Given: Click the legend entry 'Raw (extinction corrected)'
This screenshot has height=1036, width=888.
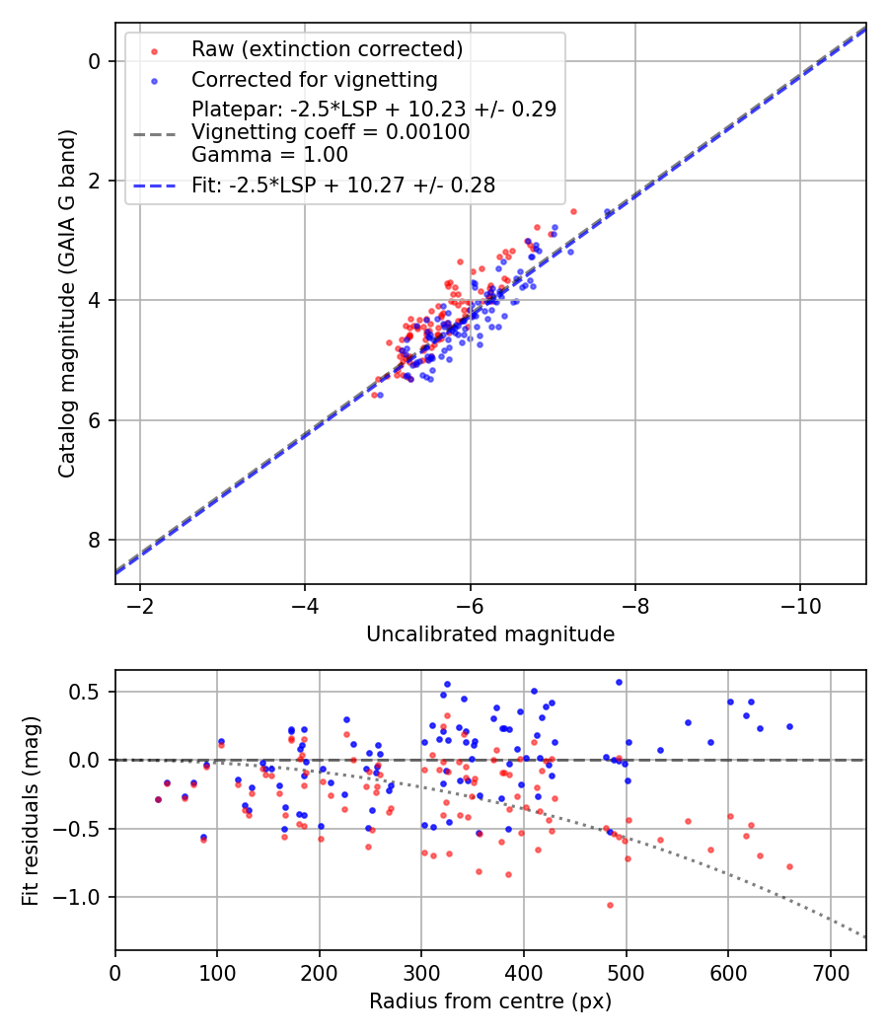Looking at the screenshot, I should pyautogui.click(x=327, y=49).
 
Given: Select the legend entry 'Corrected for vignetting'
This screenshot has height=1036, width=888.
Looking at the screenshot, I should pyautogui.click(x=314, y=79).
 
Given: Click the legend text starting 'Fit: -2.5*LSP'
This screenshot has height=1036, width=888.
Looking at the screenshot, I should pyautogui.click(x=343, y=185).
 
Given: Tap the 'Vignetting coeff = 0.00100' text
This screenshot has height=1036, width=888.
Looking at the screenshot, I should pyautogui.click(x=331, y=132).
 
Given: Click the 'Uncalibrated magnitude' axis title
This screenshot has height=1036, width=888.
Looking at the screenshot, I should pyautogui.click(x=490, y=634).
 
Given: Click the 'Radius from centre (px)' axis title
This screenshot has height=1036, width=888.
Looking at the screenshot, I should pyautogui.click(x=490, y=1001).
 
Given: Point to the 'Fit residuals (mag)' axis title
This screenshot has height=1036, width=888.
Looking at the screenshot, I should pyautogui.click(x=31, y=810).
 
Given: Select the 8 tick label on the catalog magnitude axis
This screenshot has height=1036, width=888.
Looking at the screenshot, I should pyautogui.click(x=95, y=540).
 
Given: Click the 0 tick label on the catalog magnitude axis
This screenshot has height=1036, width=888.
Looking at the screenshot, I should pyautogui.click(x=95, y=61).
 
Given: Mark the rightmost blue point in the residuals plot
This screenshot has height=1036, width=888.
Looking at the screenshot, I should pyautogui.click(x=789, y=726).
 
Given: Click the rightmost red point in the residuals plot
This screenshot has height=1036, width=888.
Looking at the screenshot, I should pyautogui.click(x=789, y=866).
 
